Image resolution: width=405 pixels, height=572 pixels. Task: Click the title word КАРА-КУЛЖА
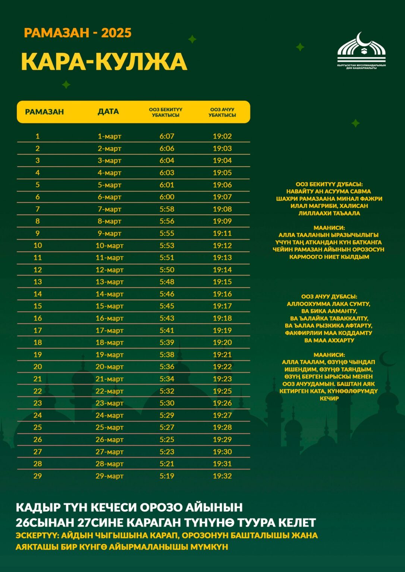tap(104, 62)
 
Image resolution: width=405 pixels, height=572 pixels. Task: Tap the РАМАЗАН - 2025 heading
tap(78, 33)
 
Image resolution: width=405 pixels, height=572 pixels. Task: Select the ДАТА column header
tap(108, 112)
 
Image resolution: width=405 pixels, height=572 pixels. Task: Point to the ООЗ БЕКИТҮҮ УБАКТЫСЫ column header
tap(166, 112)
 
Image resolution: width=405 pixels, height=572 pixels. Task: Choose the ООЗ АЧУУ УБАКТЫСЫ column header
tap(222, 112)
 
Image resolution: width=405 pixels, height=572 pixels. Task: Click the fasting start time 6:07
tap(167, 136)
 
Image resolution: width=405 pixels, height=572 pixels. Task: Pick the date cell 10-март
tap(109, 246)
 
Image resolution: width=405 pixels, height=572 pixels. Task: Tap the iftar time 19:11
tap(222, 233)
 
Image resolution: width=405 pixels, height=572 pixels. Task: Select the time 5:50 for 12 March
tap(167, 270)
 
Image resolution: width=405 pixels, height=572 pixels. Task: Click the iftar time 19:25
tap(222, 391)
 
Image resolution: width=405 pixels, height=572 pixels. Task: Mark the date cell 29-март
tap(109, 476)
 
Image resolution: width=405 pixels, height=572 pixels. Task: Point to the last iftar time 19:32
tap(222, 476)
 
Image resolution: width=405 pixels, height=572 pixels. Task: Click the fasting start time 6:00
tap(167, 197)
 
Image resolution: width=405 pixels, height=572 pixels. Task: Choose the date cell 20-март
tap(109, 367)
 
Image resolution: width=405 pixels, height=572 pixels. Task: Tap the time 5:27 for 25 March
tap(167, 428)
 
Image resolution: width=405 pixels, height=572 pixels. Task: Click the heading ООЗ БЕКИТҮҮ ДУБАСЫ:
tap(329, 184)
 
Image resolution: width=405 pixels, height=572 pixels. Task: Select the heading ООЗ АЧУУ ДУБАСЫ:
tap(329, 297)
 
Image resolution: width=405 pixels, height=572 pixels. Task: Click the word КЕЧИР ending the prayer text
tap(329, 398)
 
